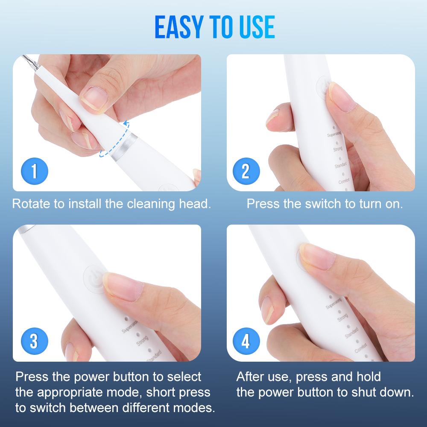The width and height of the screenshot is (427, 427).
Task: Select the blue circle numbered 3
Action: point(34,342)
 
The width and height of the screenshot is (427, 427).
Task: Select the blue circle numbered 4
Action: point(246,342)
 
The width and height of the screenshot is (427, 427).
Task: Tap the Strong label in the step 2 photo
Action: point(337,149)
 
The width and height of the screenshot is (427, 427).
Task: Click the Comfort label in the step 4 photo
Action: point(361,351)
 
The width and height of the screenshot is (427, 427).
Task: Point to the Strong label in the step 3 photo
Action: point(142,340)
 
